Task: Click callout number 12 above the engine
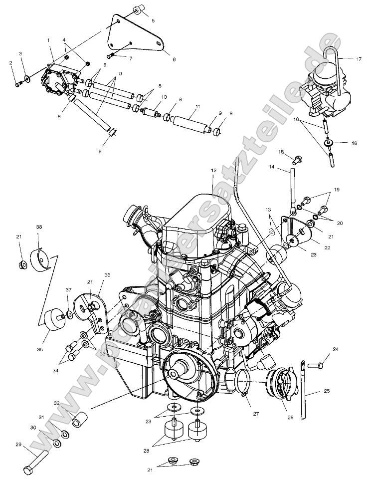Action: click(x=213, y=171)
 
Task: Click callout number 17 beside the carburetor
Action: click(x=358, y=59)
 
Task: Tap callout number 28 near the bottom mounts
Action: click(x=146, y=451)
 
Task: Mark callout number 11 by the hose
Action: click(x=198, y=107)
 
